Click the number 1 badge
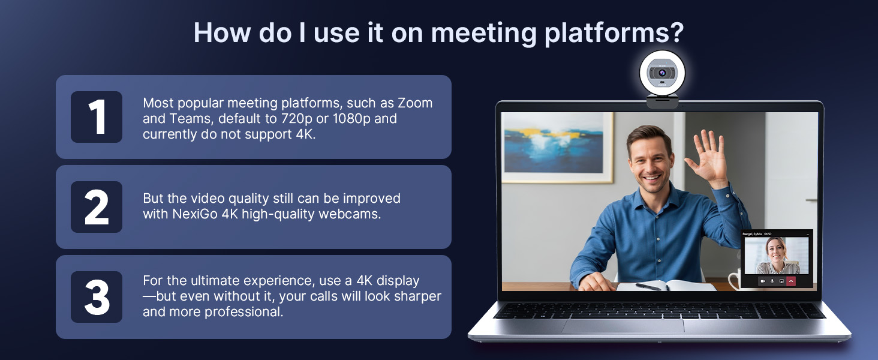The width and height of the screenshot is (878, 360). tap(96, 117)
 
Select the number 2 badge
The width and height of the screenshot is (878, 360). tap(96, 207)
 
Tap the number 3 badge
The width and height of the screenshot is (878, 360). tap(96, 297)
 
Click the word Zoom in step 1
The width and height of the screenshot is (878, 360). tap(415, 103)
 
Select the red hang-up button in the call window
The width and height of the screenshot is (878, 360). tap(791, 281)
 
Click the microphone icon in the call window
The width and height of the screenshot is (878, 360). tap(772, 281)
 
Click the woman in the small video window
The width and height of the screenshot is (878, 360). tap(776, 255)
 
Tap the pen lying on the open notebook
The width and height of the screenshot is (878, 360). tap(648, 286)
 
